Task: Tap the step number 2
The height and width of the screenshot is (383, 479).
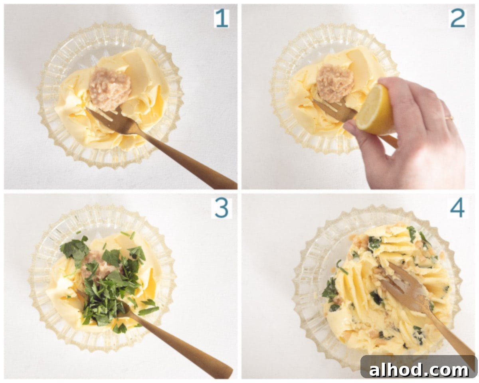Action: pyautogui.click(x=458, y=18)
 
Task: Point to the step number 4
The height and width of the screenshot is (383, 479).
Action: pyautogui.click(x=457, y=208)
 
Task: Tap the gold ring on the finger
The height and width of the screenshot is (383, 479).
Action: pyautogui.click(x=449, y=118)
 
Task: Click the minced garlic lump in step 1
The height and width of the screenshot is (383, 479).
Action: pyautogui.click(x=109, y=89)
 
